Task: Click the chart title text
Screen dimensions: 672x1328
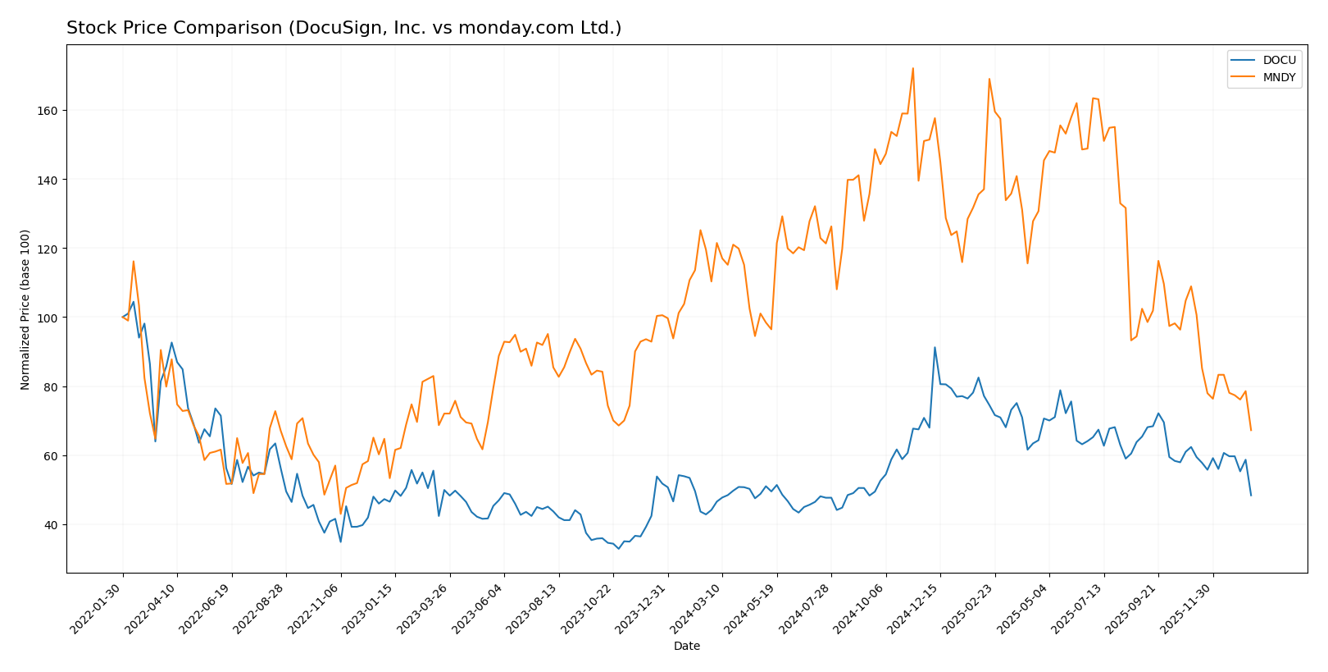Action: point(343,28)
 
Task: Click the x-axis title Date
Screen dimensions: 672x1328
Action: point(686,647)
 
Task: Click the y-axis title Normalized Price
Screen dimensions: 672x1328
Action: point(25,309)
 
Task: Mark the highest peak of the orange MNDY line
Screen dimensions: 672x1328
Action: point(912,68)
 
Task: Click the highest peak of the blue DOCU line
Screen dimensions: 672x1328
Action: point(935,347)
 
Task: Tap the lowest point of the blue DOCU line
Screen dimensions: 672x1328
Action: point(618,548)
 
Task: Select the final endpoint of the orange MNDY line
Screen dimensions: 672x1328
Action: point(1251,430)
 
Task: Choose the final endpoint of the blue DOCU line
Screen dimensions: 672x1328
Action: point(1251,495)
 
